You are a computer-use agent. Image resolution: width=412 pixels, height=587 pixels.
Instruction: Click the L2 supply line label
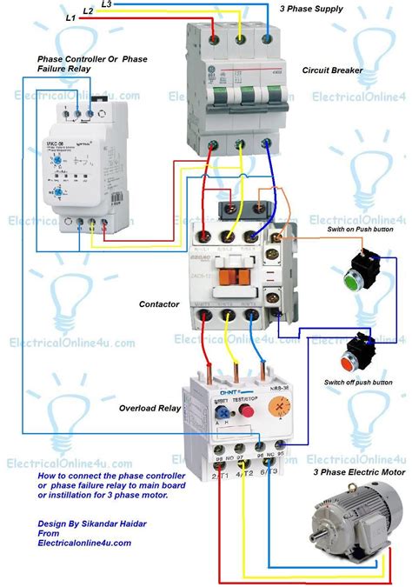pos(89,11)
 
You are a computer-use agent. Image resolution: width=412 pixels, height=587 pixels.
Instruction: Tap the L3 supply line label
pos(105,4)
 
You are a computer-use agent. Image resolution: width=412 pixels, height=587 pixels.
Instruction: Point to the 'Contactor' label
pos(159,304)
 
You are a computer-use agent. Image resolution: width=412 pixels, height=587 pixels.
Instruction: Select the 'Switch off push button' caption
pos(357,382)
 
